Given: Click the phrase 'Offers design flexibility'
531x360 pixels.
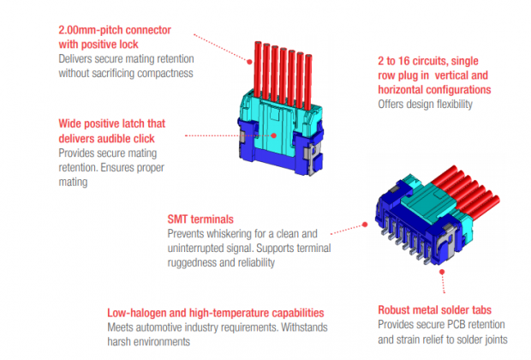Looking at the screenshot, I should click(x=425, y=105).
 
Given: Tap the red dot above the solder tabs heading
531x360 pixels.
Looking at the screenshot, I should click(x=444, y=271).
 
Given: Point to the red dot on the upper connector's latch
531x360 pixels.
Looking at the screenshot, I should click(x=274, y=134).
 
